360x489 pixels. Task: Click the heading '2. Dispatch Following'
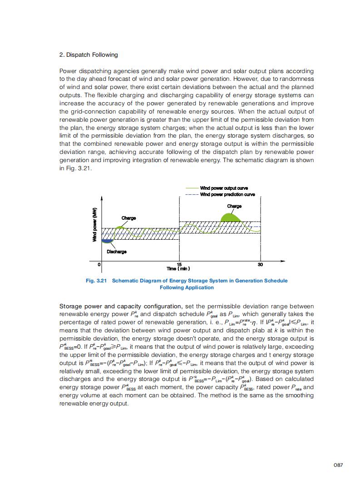pos(89,55)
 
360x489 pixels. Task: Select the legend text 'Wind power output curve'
pos(224,188)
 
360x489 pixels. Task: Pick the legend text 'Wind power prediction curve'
pos(227,194)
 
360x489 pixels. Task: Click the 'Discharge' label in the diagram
pos(117,252)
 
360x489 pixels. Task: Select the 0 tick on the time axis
pos(100,264)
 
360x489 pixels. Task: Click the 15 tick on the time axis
pos(179,264)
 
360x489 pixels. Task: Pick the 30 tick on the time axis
pos(260,264)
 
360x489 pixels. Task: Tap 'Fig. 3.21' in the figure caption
pos(96,281)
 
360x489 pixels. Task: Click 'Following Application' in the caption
pos(187,287)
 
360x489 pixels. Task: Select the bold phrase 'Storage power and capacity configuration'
pos(120,306)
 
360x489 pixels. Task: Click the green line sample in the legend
pos(192,188)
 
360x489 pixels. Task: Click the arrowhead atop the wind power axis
pos(102,198)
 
